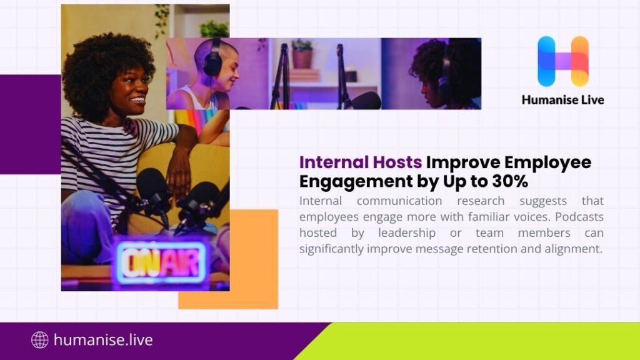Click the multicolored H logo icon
(562, 61)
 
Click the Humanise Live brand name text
(562, 99)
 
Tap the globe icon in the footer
(39, 340)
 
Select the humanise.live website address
(103, 340)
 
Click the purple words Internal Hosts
(361, 162)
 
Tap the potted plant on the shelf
(302, 54)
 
